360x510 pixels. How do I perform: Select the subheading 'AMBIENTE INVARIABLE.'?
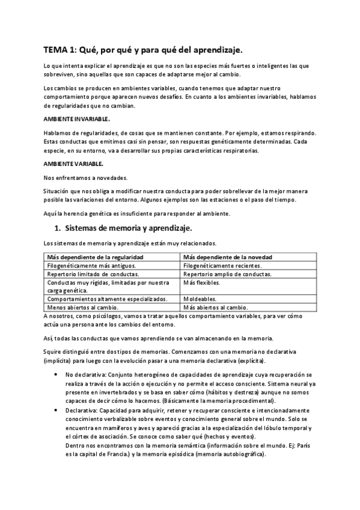(76, 118)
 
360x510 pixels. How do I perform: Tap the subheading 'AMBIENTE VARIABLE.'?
(74, 164)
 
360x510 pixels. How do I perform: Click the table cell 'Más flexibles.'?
(202, 282)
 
